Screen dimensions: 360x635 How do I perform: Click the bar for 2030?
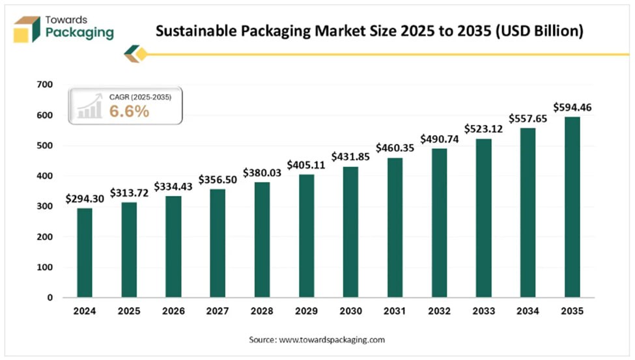tap(350, 232)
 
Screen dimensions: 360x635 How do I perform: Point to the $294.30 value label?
tap(85, 199)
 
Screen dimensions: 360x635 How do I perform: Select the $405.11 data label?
tap(306, 165)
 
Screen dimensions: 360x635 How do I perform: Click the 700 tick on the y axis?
tap(44, 85)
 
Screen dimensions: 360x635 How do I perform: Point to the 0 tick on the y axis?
tap(49, 298)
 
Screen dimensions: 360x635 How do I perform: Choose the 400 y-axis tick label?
tap(44, 176)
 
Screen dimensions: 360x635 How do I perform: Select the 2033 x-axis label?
tap(483, 311)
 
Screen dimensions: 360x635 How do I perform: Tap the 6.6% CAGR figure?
tap(129, 111)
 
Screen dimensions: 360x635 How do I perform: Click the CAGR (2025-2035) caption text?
tap(140, 97)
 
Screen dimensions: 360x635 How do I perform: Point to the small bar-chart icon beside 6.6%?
tap(90, 107)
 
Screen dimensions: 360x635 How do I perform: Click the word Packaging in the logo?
tap(80, 33)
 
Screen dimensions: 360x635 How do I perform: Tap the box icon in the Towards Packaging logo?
tap(27, 29)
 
